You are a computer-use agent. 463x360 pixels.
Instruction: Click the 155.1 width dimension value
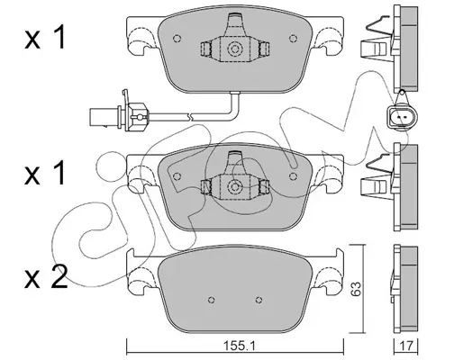pyautogui.click(x=239, y=346)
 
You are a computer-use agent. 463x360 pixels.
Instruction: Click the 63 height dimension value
pyautogui.click(x=357, y=289)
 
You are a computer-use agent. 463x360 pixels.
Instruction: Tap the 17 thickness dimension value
pyautogui.click(x=406, y=346)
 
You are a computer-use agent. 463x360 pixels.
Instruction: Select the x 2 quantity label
pyautogui.click(x=46, y=277)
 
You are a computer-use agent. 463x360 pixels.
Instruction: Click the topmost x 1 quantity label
pyautogui.click(x=45, y=37)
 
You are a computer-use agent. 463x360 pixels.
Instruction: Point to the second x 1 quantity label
pyautogui.click(x=45, y=173)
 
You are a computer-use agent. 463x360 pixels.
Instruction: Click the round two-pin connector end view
pyautogui.click(x=401, y=116)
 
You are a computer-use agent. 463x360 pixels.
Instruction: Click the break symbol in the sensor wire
pyautogui.click(x=189, y=115)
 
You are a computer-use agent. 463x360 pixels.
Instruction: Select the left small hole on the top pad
pyautogui.click(x=177, y=39)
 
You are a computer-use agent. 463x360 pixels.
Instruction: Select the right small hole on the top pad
pyautogui.click(x=293, y=39)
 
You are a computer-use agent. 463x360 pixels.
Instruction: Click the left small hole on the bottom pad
pyautogui.click(x=212, y=300)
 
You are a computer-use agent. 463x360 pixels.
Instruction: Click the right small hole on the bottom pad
pyautogui.click(x=259, y=300)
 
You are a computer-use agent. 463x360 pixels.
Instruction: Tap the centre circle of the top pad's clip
pyautogui.click(x=234, y=49)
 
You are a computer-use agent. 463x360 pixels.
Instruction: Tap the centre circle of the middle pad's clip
pyautogui.click(x=234, y=187)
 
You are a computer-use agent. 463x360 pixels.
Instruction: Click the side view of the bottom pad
pyautogui.click(x=404, y=287)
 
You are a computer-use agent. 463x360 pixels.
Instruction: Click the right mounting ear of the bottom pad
pyautogui.click(x=328, y=272)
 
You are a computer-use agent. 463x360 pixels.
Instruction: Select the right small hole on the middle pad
pyautogui.click(x=293, y=176)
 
